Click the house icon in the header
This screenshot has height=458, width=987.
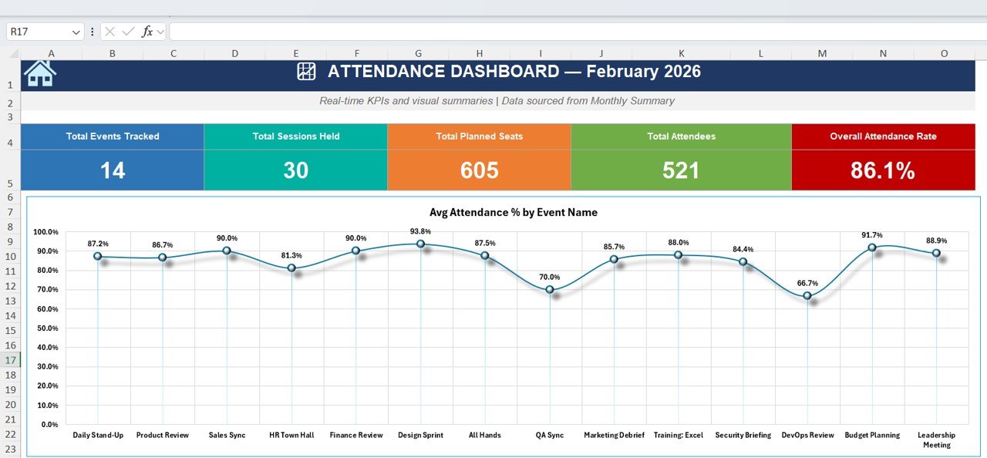40,72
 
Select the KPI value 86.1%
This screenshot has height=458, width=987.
883,170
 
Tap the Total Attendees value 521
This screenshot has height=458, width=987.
681,170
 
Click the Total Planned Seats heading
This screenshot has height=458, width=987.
479,136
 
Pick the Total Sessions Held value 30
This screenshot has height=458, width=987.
295,170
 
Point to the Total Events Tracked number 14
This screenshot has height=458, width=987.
113,170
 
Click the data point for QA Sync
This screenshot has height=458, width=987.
550,290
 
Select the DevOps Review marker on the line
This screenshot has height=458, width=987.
807,296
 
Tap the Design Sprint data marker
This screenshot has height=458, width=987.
420,244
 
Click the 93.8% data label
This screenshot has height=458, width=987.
420,231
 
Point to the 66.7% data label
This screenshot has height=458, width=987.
807,283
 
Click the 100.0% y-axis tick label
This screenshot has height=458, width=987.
45,232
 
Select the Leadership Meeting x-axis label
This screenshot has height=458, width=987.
936,439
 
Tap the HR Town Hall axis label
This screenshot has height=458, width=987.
291,435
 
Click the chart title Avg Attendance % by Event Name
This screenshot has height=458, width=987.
513,212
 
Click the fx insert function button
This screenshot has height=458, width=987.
147,32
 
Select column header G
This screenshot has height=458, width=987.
418,53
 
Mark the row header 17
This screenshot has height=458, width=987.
11,360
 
